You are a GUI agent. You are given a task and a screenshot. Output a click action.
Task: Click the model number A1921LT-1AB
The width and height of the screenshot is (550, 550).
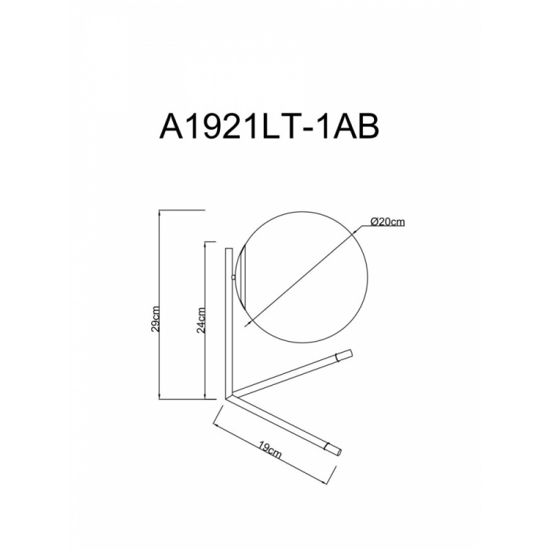click(x=269, y=127)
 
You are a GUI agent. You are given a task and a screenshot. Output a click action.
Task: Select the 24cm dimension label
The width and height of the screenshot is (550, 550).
click(x=201, y=320)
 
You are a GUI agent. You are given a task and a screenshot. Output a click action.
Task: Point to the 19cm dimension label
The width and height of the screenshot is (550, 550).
click(x=270, y=450)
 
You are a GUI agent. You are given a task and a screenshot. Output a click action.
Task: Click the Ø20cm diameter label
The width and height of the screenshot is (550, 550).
click(x=388, y=221)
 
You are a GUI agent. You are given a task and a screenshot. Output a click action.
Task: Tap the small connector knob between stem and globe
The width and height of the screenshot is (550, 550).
click(x=234, y=278)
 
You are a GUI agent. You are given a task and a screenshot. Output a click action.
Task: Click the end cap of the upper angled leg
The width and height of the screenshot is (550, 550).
click(x=344, y=355)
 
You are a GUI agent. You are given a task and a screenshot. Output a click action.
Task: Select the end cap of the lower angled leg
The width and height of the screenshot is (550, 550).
click(x=333, y=449)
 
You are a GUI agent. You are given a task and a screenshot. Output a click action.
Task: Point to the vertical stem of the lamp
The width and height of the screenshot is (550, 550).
click(x=229, y=322)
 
